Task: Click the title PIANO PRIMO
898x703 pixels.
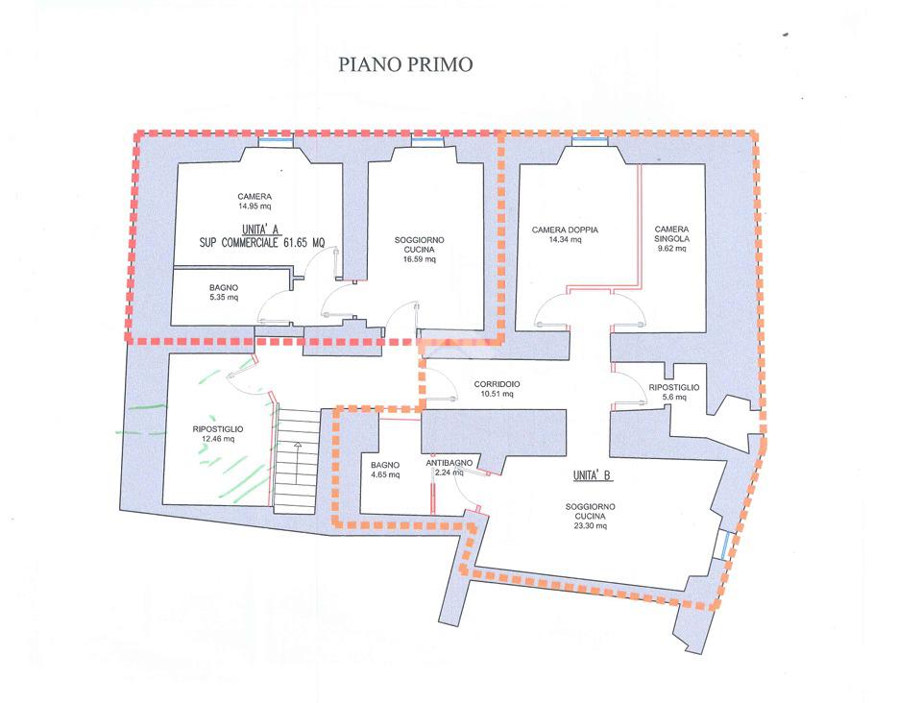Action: [405, 65]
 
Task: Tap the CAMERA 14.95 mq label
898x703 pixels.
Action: [255, 201]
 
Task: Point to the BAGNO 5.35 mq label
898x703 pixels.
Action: [223, 293]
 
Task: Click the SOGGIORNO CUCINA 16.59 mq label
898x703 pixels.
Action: [420, 249]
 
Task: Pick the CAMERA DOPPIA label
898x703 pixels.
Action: [566, 234]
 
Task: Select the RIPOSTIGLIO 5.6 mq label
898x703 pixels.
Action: [674, 392]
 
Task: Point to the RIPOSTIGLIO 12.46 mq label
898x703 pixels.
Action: [217, 434]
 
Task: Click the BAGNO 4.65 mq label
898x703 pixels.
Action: [385, 471]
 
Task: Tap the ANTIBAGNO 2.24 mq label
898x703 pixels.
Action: [449, 467]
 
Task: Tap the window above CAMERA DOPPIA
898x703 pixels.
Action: [590, 141]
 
